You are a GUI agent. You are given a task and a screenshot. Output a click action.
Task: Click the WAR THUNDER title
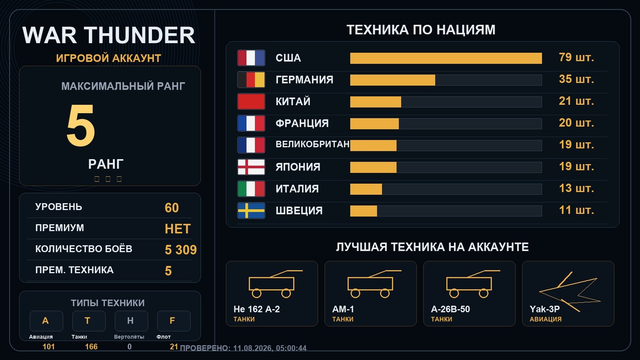coord(108,35)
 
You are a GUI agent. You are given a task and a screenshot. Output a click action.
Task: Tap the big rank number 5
coord(80,126)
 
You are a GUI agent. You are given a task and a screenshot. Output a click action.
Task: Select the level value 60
coord(172,208)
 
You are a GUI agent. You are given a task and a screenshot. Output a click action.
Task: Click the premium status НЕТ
coord(178,229)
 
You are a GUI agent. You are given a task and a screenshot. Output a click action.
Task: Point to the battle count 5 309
coord(181,250)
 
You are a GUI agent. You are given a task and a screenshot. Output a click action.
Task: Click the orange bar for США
coord(446,58)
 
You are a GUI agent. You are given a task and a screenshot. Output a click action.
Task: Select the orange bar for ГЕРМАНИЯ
coord(392,80)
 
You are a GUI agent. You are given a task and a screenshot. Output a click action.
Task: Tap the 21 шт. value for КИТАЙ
coord(576,101)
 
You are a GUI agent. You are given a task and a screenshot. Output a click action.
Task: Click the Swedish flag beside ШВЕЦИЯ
coord(251,210)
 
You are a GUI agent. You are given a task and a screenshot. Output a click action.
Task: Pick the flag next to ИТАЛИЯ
coord(251,189)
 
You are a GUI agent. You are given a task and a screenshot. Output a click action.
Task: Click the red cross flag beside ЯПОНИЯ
coord(251,167)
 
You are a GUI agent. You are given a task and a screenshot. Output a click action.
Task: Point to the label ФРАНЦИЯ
coord(302,124)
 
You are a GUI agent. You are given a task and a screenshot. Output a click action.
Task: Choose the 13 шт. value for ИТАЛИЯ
coord(576,188)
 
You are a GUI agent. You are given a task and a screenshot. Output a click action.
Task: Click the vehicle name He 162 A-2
coord(256,309)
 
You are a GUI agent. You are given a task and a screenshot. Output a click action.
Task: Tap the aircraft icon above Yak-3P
coord(570,292)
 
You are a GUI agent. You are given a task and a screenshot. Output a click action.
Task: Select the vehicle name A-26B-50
coord(450,309)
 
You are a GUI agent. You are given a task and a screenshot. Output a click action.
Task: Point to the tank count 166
coord(91,346)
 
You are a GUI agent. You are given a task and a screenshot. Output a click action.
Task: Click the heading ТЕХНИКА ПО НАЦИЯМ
coord(421,30)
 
